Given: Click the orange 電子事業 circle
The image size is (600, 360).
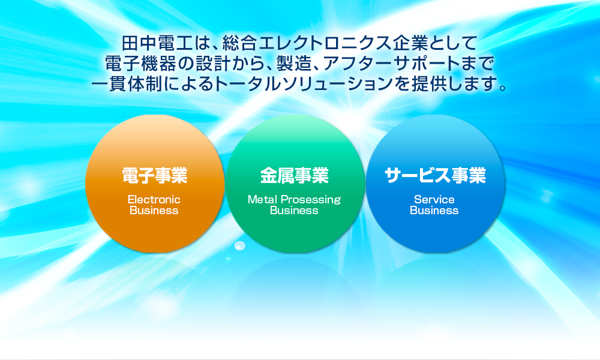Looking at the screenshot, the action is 155,184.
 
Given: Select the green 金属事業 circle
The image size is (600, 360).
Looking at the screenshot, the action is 295,184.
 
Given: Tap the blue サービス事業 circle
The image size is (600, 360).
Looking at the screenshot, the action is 435,184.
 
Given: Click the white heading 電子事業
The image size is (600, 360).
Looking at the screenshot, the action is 155,176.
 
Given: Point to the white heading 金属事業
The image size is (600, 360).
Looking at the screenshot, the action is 294,176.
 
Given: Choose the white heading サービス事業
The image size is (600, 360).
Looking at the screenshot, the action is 435,176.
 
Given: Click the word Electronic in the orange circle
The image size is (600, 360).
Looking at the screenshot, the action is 154,199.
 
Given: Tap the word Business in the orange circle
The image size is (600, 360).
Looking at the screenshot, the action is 154,211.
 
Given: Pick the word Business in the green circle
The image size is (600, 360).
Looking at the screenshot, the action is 294,211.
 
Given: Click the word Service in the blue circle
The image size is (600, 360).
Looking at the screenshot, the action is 434,199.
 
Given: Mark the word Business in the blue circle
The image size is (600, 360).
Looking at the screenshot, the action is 434,211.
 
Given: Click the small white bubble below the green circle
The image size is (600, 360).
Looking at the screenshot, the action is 239,245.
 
